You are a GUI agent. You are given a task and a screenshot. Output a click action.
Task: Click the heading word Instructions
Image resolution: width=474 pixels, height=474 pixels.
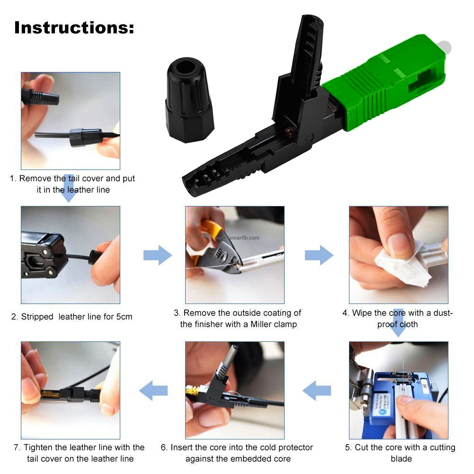(x=74, y=28)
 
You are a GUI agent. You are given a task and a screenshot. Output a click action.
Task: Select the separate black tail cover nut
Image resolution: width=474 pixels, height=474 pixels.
(x=189, y=100)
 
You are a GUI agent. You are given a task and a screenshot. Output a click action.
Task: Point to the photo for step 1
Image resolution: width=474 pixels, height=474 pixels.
(x=71, y=121)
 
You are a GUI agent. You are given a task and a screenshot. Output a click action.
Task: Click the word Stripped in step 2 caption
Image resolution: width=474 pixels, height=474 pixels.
(x=37, y=317)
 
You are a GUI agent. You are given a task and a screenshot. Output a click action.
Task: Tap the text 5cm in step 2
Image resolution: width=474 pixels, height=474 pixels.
(x=124, y=316)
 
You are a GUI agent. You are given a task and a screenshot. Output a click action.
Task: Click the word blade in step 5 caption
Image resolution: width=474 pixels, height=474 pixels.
(x=401, y=458)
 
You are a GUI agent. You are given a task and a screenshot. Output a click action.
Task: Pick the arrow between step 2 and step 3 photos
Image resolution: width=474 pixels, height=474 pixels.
(x=158, y=255)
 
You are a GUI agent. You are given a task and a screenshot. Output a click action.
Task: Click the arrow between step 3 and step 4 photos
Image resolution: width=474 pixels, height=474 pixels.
(x=319, y=255)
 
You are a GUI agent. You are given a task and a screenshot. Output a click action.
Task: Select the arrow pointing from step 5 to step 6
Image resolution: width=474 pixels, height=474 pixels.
(x=316, y=391)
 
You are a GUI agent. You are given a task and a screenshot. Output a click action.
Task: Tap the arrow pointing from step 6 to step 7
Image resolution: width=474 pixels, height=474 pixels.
(x=153, y=391)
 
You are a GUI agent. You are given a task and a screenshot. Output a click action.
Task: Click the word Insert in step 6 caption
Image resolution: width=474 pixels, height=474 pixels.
(x=181, y=447)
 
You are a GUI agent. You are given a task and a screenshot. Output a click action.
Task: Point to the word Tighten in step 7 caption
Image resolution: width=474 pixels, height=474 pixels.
(x=38, y=447)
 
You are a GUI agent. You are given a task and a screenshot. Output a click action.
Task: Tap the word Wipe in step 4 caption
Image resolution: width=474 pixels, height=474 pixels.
(x=362, y=313)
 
